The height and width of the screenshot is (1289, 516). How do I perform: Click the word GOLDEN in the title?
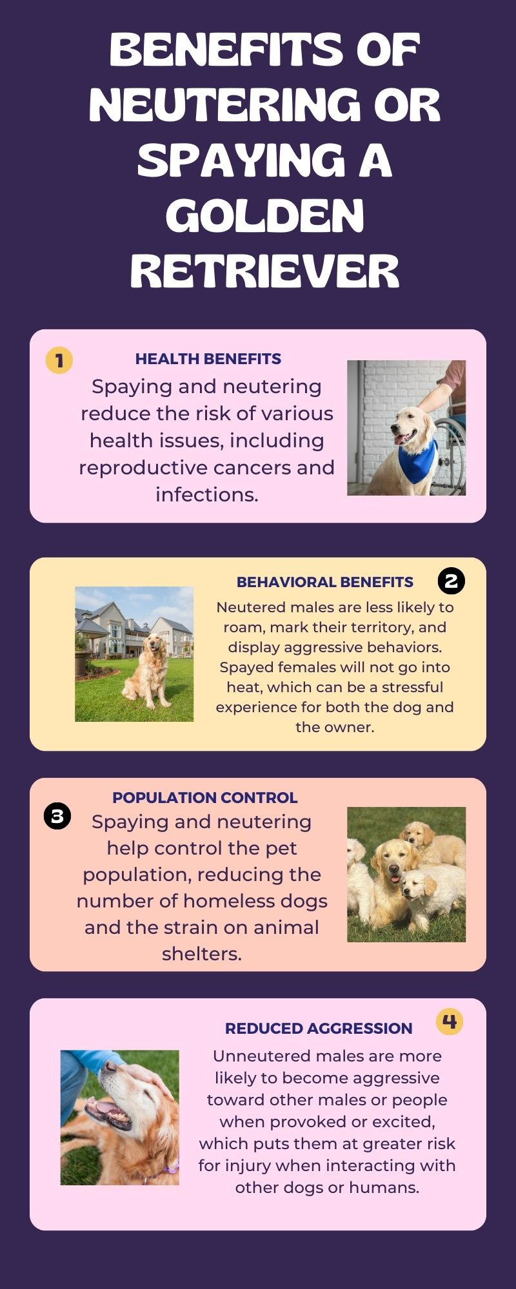click(x=265, y=215)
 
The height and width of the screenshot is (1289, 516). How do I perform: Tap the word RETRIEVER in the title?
click(x=265, y=271)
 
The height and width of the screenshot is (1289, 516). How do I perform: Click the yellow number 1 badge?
click(x=59, y=360)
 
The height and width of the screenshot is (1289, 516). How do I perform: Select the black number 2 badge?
click(x=451, y=581)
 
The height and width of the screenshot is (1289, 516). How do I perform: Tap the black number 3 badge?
click(x=57, y=816)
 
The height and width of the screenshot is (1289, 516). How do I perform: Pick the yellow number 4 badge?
click(x=450, y=1021)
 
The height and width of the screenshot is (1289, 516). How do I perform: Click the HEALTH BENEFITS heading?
click(x=208, y=359)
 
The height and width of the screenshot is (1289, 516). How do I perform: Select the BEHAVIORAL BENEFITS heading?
click(x=325, y=582)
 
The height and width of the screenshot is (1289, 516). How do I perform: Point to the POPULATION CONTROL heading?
click(x=205, y=797)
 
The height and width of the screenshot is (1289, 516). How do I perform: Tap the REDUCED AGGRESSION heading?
click(x=319, y=1028)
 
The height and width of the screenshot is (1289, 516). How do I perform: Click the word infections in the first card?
click(x=207, y=494)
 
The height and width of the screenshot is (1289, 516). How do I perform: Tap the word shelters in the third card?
click(x=202, y=954)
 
